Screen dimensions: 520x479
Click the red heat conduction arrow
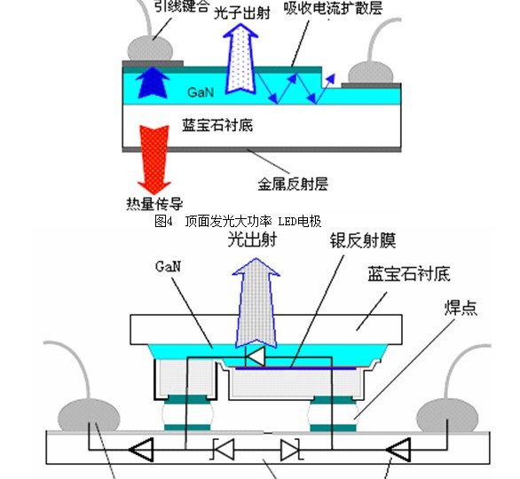154,159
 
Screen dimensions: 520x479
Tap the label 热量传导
154,203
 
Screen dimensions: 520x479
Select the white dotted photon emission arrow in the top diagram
241,59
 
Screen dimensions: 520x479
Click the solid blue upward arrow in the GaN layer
153,82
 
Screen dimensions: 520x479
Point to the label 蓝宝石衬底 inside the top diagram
217,125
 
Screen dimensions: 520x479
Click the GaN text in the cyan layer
201,92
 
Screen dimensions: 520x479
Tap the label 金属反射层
293,184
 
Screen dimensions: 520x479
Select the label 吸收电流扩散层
333,8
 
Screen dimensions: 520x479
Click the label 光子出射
242,13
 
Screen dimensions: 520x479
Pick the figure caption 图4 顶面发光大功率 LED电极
238,222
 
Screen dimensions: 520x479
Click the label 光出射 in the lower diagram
252,239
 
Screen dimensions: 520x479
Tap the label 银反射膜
363,240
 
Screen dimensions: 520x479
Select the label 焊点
461,308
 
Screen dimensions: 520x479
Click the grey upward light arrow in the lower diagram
256,303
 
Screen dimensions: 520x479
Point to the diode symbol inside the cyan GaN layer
256,357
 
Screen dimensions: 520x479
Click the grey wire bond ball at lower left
89,416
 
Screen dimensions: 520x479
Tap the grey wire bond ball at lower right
447,416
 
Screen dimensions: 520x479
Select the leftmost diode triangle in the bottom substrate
141,450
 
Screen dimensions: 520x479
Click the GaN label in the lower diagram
168,266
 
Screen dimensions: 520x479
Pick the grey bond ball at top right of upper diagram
370,74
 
